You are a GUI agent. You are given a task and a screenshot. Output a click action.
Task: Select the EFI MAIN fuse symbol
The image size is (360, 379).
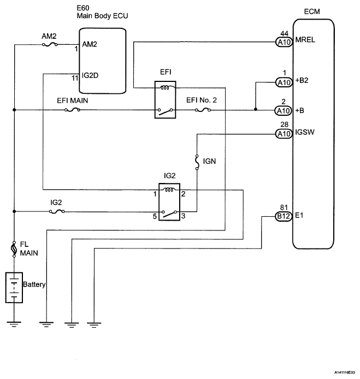coord(73,110)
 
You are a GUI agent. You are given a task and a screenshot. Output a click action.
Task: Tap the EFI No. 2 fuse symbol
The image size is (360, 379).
coord(202,110)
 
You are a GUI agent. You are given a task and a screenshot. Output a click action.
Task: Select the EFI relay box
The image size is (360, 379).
coord(165,100)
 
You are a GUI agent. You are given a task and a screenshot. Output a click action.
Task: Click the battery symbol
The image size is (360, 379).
coord(13,286)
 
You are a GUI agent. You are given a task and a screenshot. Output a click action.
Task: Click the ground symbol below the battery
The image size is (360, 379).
coord(13,324)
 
